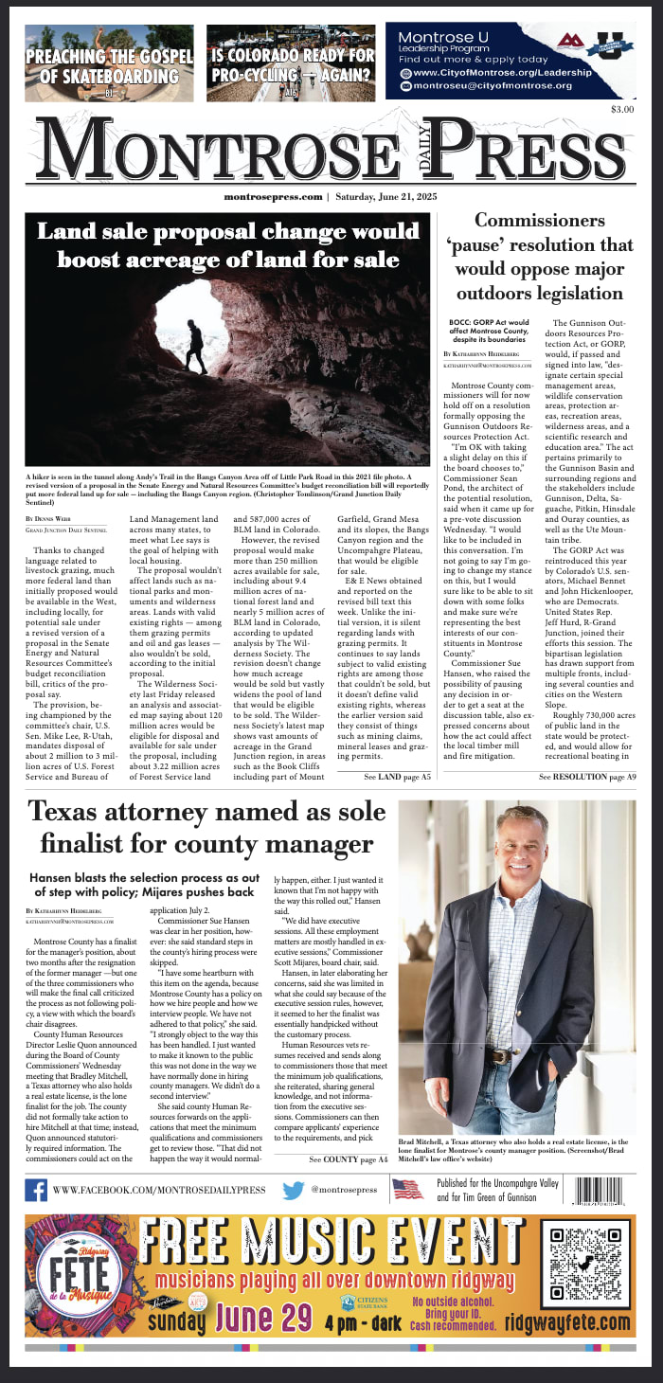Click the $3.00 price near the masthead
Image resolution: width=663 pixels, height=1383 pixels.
click(x=621, y=110)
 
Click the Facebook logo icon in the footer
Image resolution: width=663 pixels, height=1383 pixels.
click(x=36, y=1190)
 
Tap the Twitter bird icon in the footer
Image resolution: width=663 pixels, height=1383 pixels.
click(x=294, y=1190)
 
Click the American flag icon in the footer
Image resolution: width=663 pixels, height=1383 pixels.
click(x=407, y=1190)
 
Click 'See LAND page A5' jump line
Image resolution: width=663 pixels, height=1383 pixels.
click(x=397, y=777)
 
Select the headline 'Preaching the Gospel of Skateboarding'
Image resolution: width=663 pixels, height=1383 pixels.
click(x=109, y=64)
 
